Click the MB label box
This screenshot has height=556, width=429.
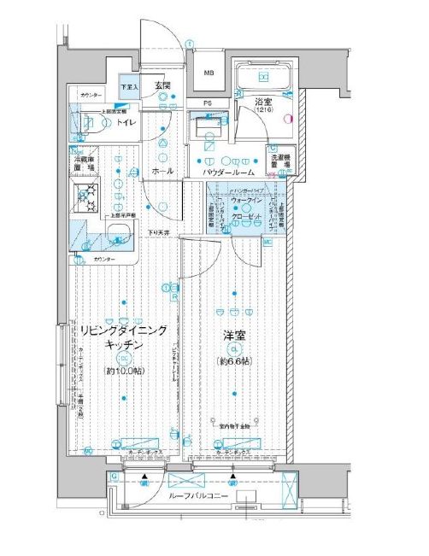(207, 73)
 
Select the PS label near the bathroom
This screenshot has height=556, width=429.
(208, 103)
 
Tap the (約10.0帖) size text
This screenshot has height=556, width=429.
(123, 371)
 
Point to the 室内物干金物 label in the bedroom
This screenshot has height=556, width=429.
(231, 424)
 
